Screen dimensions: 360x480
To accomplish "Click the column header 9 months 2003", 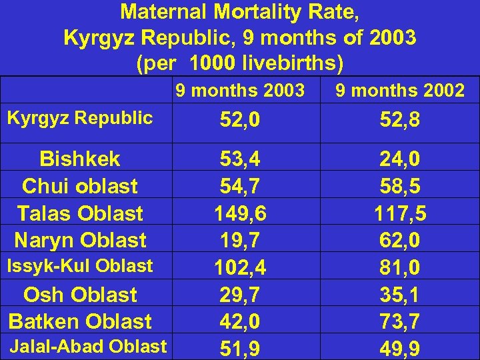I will pos(239,90).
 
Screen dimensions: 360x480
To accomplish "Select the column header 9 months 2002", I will pos(399,90).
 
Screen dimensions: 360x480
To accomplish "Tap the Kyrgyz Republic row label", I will pos(80,118).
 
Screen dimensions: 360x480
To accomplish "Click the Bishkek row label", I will pos(80,159).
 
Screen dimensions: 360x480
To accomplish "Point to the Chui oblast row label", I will pos(80,186).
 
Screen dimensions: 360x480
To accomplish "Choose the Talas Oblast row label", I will pos(80,213).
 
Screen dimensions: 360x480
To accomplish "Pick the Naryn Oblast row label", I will pos(80,239).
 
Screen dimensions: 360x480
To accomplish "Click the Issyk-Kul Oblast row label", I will pos(80,266).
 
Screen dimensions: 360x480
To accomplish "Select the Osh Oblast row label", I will pos(80,295).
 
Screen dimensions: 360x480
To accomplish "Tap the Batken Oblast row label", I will pos(80,321).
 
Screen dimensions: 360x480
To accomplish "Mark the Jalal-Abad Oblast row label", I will pos(88,346).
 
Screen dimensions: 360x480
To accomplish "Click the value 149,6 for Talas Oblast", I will pos(239,213).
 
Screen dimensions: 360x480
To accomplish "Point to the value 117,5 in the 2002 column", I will pos(399,213).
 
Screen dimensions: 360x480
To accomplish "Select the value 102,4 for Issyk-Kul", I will pos(239,268).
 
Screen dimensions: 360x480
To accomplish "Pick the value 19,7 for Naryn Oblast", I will pos(239,241).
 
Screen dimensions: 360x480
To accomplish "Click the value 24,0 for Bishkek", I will pos(399,159).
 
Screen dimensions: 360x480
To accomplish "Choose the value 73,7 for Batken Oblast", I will pos(399,322).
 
